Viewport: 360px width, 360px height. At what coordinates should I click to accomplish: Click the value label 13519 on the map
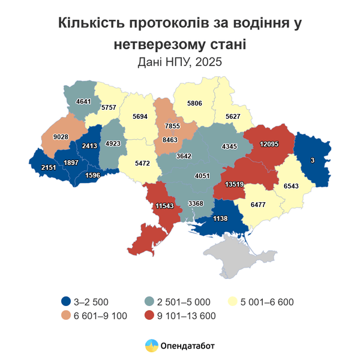pyautogui.click(x=234, y=185)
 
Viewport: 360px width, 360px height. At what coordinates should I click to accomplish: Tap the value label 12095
pyautogui.click(x=268, y=145)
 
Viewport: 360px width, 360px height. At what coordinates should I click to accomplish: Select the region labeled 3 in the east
pyautogui.click(x=312, y=160)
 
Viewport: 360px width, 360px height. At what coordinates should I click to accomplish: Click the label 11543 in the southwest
pyautogui.click(x=164, y=206)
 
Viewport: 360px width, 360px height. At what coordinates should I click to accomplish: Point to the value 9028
pyautogui.click(x=62, y=137)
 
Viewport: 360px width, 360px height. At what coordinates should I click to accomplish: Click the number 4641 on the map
pyautogui.click(x=83, y=102)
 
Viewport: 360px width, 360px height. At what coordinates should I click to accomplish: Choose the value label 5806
pyautogui.click(x=194, y=103)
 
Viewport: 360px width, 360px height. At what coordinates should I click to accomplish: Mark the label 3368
pyautogui.click(x=196, y=203)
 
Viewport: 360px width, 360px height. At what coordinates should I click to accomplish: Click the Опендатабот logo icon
pyautogui.click(x=151, y=346)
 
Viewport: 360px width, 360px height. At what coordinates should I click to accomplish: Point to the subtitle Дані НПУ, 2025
pyautogui.click(x=180, y=61)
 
